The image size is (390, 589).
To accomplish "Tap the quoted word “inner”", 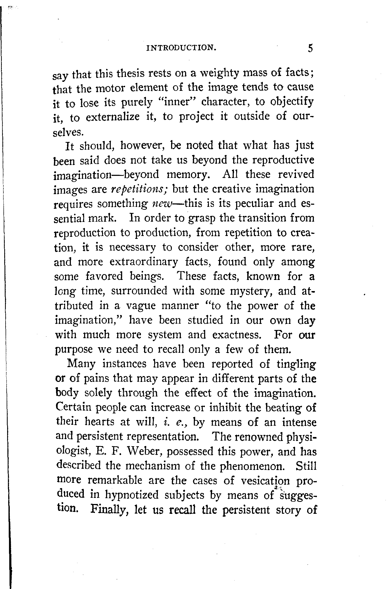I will point(177,102).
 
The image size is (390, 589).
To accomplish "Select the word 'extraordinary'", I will point(144,262).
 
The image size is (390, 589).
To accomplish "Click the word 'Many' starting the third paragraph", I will point(81,364).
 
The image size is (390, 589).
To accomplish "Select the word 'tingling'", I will point(296,364).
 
